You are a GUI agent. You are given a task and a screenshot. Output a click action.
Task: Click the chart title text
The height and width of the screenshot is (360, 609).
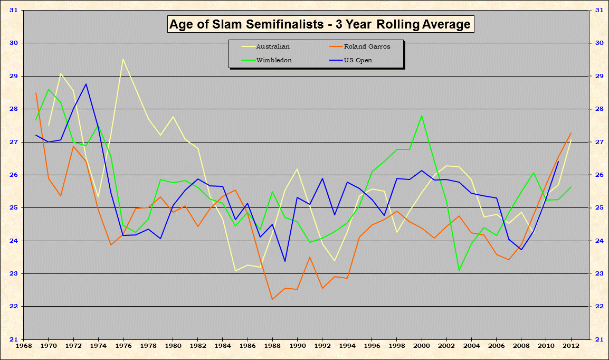[319, 24]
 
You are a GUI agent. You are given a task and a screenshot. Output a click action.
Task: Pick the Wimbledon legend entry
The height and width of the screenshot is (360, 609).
[274, 60]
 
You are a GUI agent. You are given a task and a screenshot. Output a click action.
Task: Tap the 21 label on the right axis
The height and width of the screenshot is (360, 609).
[599, 339]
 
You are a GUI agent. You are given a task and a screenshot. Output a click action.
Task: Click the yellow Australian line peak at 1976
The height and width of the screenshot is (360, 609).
[123, 59]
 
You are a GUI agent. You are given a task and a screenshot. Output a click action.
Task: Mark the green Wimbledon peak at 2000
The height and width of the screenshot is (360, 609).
[422, 116]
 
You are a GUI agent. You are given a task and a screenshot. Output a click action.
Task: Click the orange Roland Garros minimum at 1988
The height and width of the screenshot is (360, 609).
[272, 299]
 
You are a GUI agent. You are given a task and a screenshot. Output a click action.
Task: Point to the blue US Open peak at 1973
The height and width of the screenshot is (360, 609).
[86, 84]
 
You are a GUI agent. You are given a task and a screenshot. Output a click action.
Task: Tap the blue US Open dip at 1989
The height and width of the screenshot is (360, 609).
[285, 261]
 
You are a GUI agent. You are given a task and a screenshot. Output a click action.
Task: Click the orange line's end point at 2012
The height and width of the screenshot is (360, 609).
[571, 133]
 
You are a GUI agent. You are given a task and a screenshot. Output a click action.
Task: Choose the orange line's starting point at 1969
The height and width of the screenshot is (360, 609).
[36, 93]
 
